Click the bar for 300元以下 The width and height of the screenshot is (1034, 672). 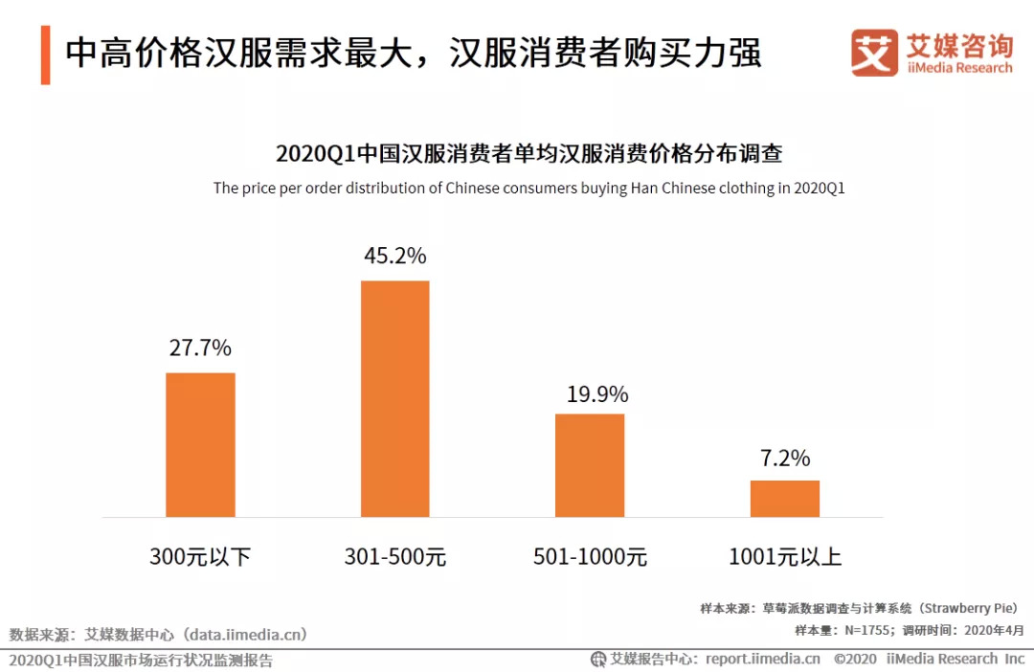[x=200, y=444]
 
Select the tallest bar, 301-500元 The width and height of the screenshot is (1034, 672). [x=394, y=398]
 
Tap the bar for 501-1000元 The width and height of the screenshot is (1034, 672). [x=590, y=465]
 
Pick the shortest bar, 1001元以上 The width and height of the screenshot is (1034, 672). [x=784, y=498]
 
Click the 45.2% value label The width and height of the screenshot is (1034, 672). [x=394, y=257]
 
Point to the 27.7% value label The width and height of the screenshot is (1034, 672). [x=200, y=347]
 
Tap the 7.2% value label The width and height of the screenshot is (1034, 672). [x=785, y=458]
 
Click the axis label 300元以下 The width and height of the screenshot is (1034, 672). [x=200, y=556]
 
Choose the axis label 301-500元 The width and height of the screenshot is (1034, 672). [x=394, y=556]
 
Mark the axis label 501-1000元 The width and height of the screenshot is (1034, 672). [x=590, y=556]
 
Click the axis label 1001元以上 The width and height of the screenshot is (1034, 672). [x=785, y=556]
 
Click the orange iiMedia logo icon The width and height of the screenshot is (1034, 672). [x=874, y=53]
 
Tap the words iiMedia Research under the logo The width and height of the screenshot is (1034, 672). [x=958, y=68]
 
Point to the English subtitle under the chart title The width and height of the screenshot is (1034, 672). [x=528, y=189]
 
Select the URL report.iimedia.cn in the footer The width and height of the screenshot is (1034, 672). [x=762, y=659]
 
